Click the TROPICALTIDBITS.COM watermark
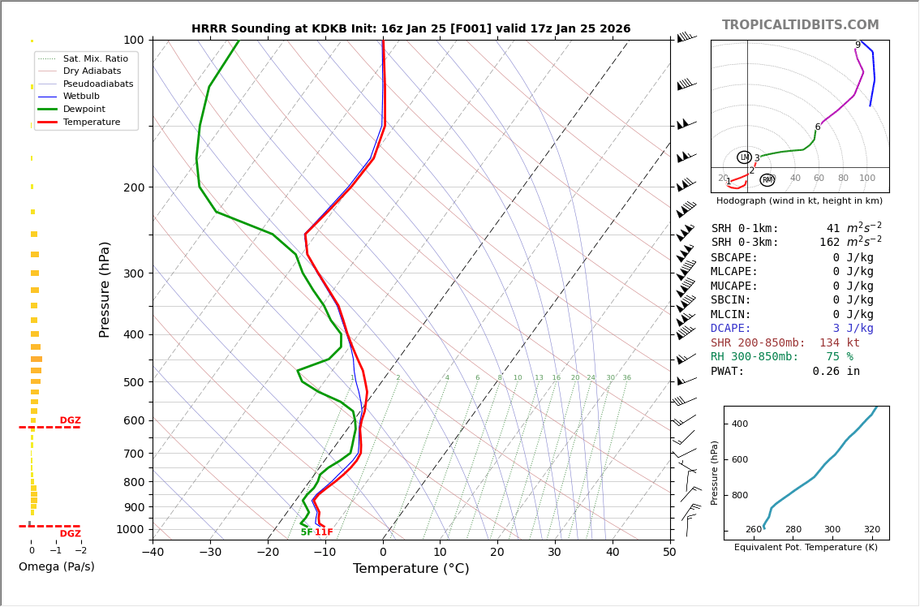click(x=800, y=25)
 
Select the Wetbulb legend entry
click(x=80, y=97)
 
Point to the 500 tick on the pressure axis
click(x=133, y=382)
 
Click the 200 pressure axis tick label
click(x=133, y=187)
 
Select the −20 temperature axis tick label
click(x=268, y=553)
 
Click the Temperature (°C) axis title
click(x=411, y=569)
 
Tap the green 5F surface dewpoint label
click(x=307, y=532)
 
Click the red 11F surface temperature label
click(x=324, y=532)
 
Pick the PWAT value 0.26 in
click(x=836, y=371)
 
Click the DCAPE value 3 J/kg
click(x=853, y=329)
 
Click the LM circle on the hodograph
click(x=744, y=157)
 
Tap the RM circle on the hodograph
click(x=767, y=179)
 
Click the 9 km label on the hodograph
click(x=858, y=45)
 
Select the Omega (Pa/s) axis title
click(x=56, y=566)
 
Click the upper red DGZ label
click(x=71, y=420)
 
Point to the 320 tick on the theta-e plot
click(x=871, y=530)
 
